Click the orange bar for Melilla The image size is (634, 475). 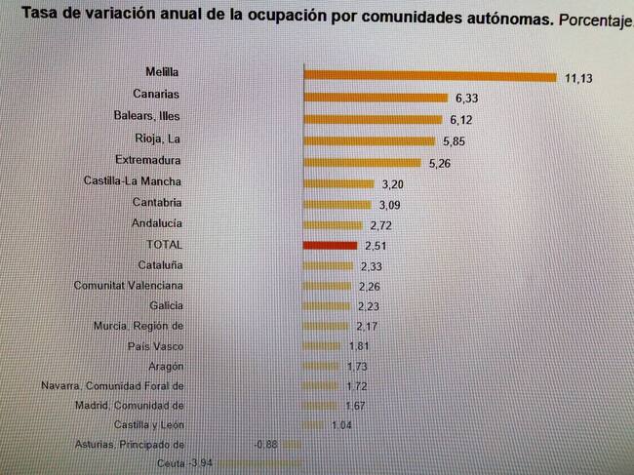pyautogui.click(x=429, y=75)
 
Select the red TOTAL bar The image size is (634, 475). pyautogui.click(x=331, y=245)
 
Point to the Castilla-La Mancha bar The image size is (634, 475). pyautogui.click(x=338, y=183)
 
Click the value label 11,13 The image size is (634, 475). pyautogui.click(x=578, y=77)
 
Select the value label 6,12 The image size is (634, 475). pyautogui.click(x=461, y=119)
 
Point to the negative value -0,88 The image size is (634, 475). pyautogui.click(x=265, y=445)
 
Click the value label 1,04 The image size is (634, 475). pyautogui.click(x=341, y=425)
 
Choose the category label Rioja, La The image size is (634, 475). pyautogui.click(x=160, y=139)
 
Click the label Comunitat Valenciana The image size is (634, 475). pyautogui.click(x=128, y=286)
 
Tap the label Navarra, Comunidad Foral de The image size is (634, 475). pyautogui.click(x=112, y=386)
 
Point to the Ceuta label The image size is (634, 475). pyautogui.click(x=170, y=463)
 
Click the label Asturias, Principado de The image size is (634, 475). pyautogui.click(x=130, y=445)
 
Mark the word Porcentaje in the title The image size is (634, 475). pyautogui.click(x=597, y=20)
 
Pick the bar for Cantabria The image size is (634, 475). pyautogui.click(x=337, y=204)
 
